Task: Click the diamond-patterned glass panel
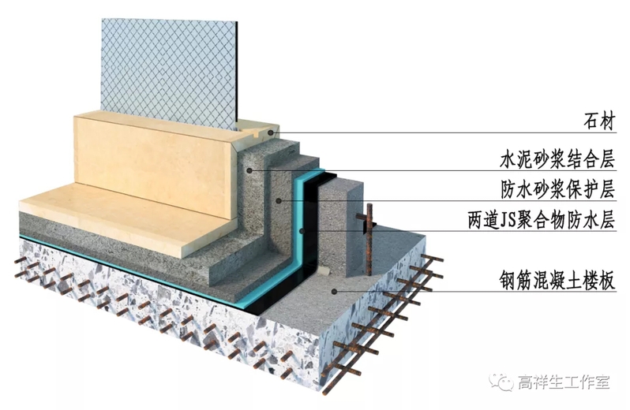tap(170, 67)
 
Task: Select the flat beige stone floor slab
tap(118, 217)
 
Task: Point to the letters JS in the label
tap(512, 220)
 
